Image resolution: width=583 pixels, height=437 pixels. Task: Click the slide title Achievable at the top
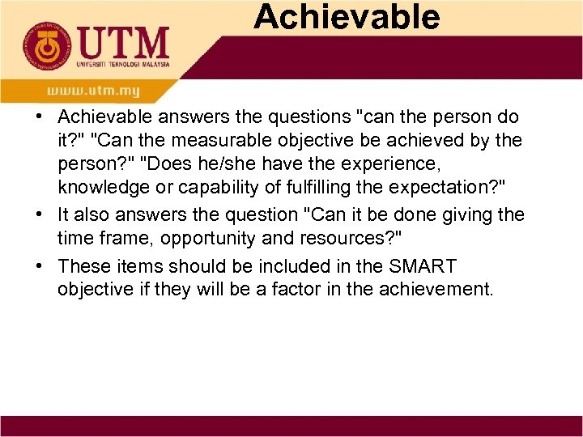347,16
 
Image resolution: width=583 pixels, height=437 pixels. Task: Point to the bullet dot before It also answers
40,215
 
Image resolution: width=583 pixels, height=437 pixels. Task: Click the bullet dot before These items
40,265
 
